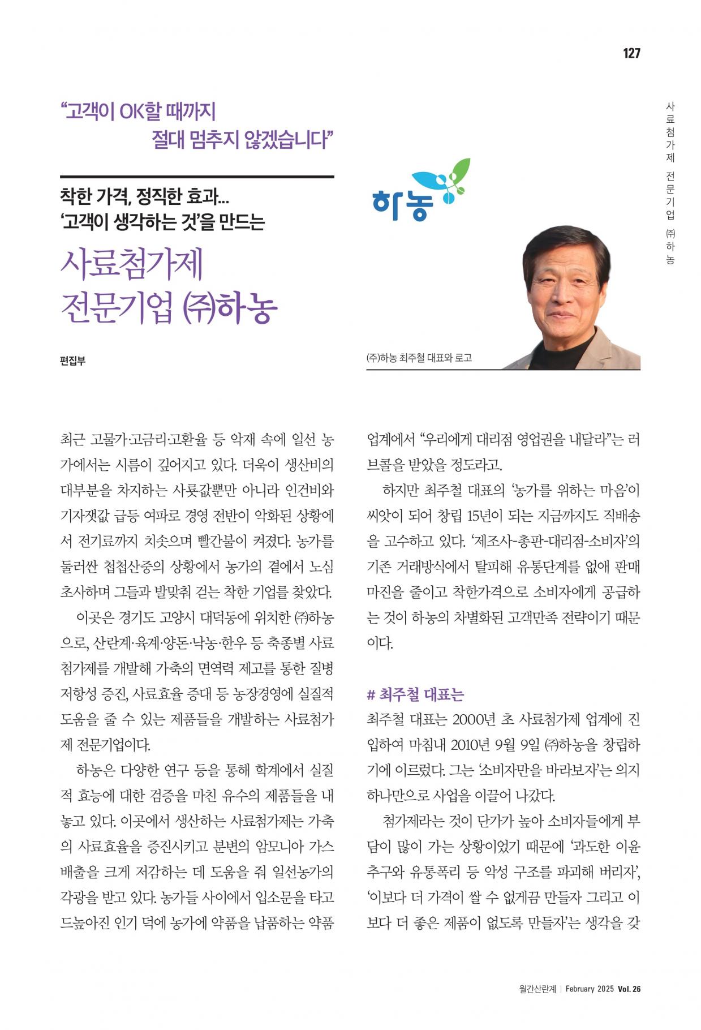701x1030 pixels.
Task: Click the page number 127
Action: [631, 53]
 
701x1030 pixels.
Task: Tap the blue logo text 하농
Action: [403, 204]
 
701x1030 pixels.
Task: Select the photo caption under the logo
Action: [419, 358]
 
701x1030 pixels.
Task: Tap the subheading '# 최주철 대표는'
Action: [416, 694]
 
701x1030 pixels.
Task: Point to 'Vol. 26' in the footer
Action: [629, 989]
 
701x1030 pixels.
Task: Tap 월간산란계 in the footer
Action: [537, 989]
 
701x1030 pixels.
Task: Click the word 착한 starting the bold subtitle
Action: [76, 197]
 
